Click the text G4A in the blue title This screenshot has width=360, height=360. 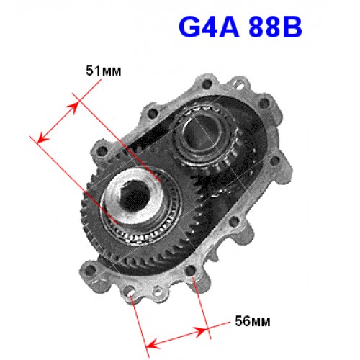[x=209, y=27]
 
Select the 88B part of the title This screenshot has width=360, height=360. [x=275, y=27]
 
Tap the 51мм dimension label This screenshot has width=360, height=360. [x=104, y=71]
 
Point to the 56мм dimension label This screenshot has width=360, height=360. [x=253, y=321]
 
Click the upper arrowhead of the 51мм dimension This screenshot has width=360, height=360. [x=73, y=107]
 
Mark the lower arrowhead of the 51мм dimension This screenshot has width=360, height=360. [x=42, y=138]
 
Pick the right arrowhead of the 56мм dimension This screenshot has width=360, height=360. [x=201, y=331]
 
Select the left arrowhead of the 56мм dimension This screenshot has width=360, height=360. [x=152, y=346]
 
